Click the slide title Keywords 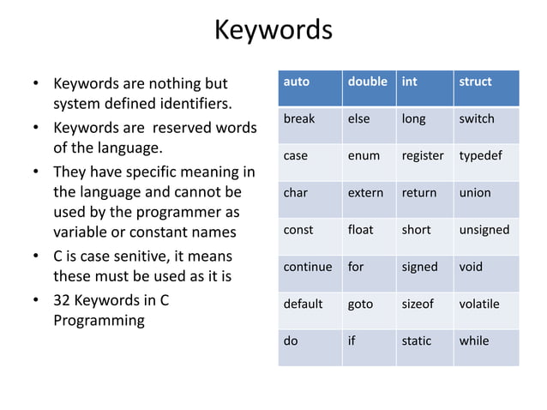point(273,30)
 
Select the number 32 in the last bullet point(63,300)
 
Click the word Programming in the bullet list point(99,321)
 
